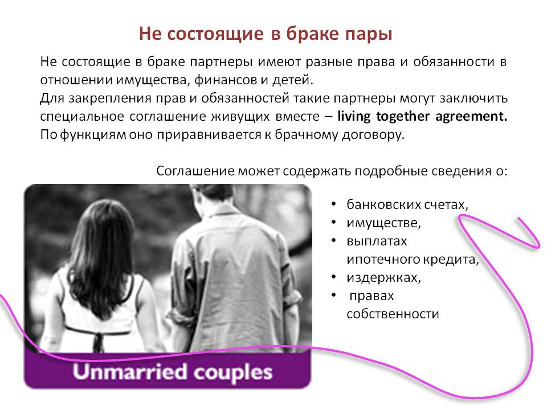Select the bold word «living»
pos(354,116)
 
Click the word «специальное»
pos(82,116)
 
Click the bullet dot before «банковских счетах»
pos(334,203)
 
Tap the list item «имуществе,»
pos(383,223)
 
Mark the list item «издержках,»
pos(383,277)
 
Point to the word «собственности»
pos(393,314)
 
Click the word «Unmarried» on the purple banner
pos(130,372)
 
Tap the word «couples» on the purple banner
pos(232,373)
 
